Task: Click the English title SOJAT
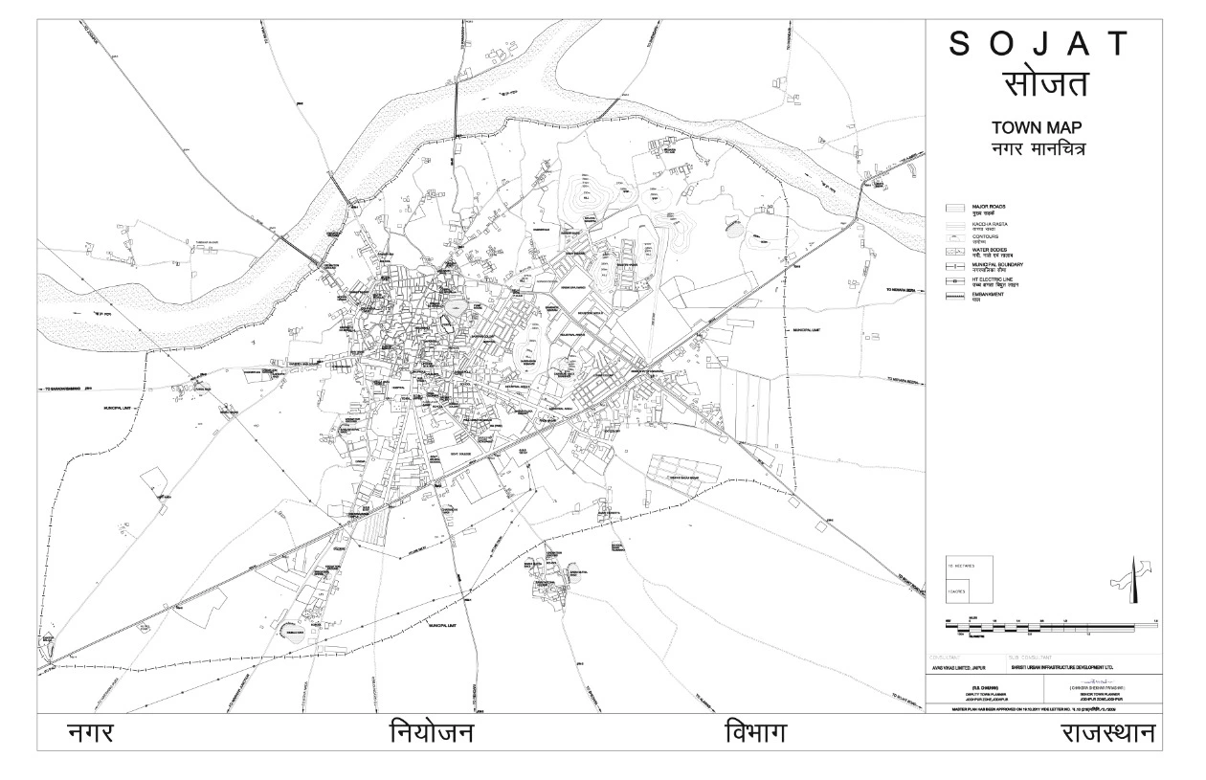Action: tap(1038, 45)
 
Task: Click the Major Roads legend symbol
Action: tap(954, 208)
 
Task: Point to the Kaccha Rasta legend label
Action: tap(990, 226)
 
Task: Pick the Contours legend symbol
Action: tap(954, 238)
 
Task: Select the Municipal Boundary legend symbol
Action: tap(954, 266)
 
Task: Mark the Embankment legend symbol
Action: tap(954, 296)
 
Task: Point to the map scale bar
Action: tap(1038, 627)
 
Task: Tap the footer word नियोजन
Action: tap(432, 734)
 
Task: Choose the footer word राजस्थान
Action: tap(1106, 734)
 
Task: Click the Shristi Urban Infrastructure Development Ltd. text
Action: tap(1061, 667)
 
